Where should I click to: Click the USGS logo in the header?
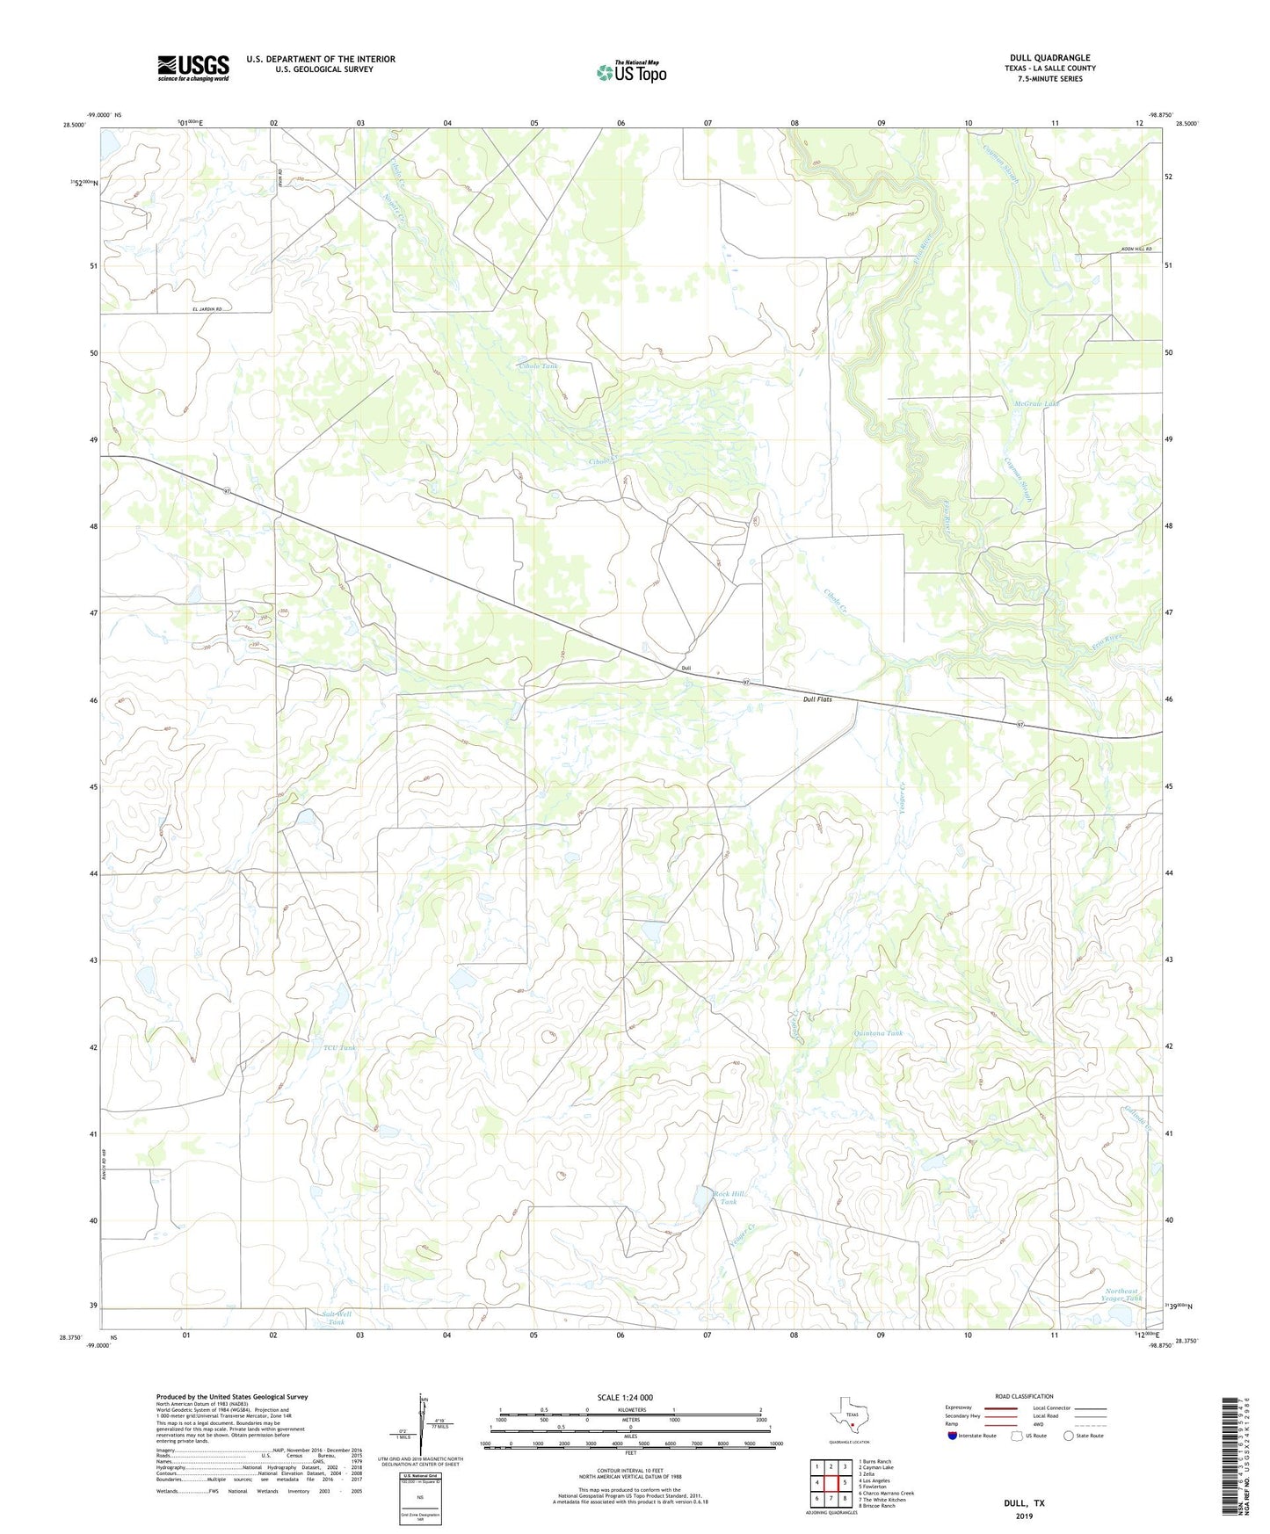coord(193,68)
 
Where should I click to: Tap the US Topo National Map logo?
coord(631,71)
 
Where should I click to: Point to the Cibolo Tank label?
coord(538,365)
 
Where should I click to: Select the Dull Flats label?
coord(816,699)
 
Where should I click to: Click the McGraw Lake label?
coord(1037,404)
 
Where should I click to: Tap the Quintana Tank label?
coord(878,1033)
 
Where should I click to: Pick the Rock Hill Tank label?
coord(728,1198)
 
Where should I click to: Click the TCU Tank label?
coord(340,1047)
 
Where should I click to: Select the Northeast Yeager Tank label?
coord(1122,1294)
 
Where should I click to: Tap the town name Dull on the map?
coord(686,669)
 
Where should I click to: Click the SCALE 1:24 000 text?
coord(625,1397)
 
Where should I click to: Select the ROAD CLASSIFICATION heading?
coord(1024,1396)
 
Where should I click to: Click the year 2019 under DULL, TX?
coord(1024,1516)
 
